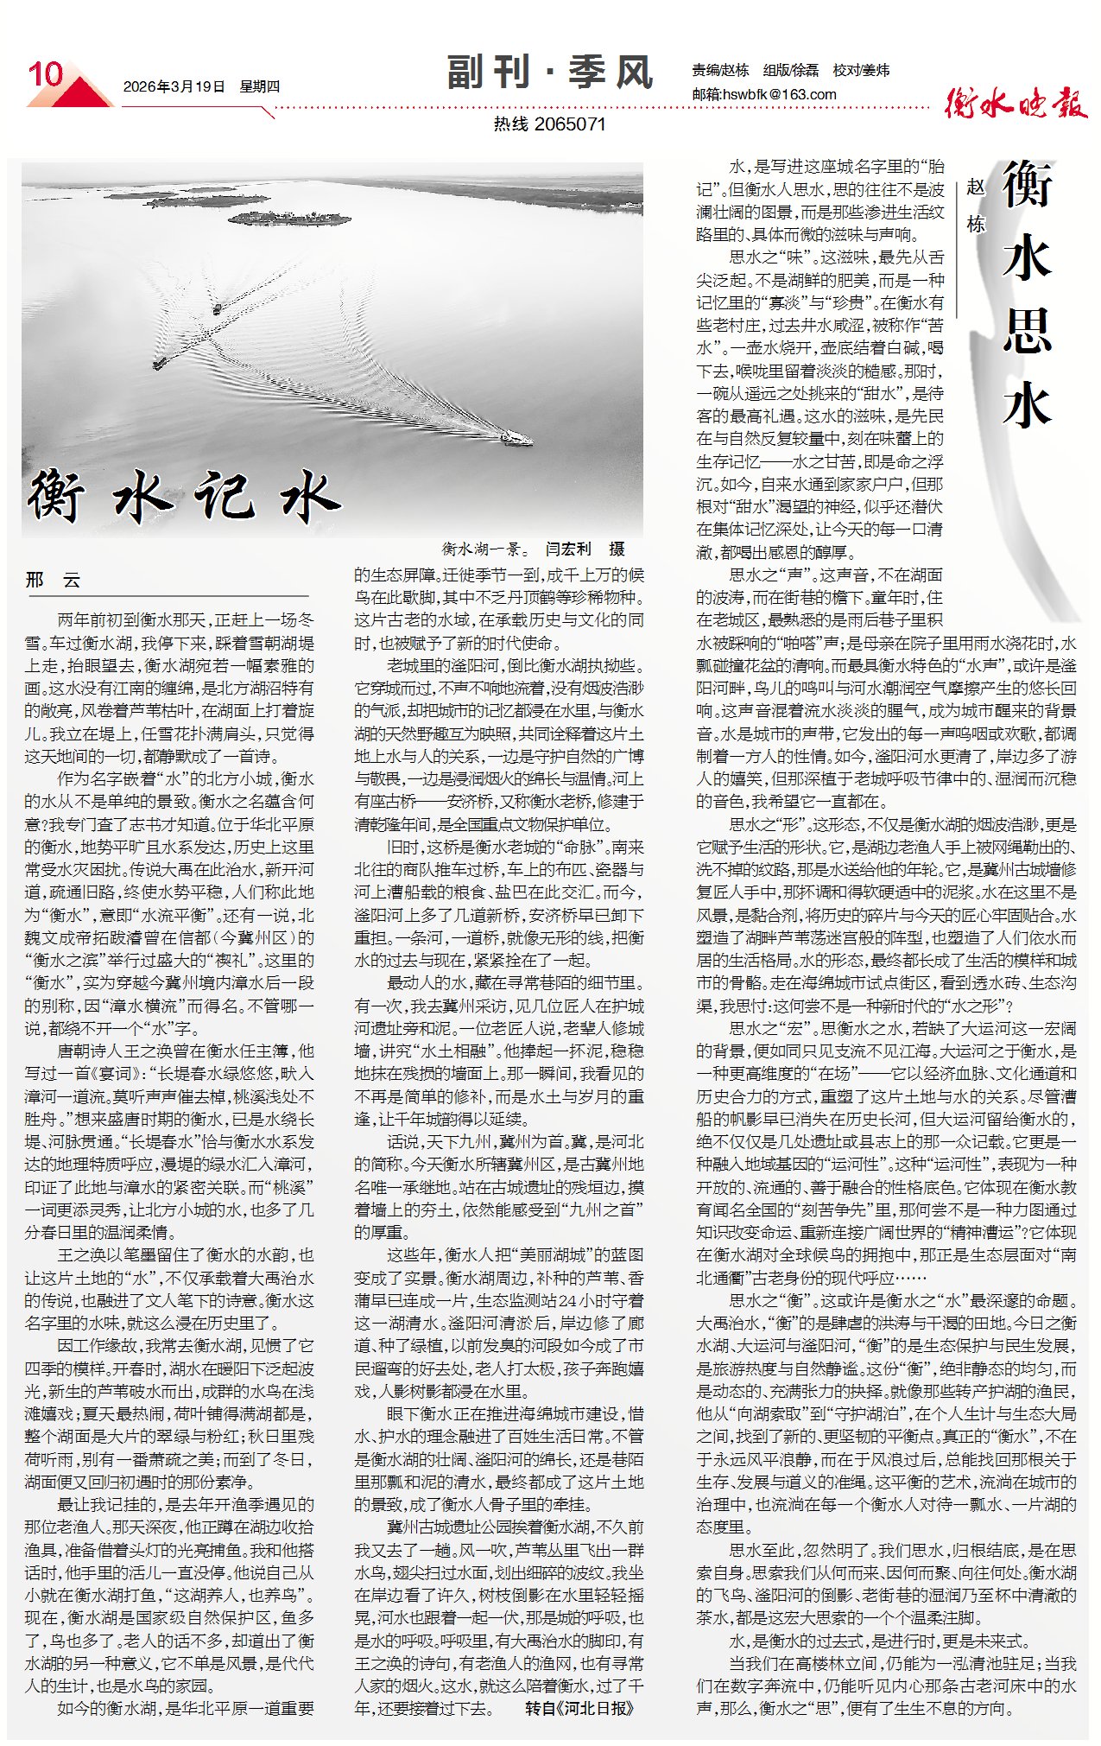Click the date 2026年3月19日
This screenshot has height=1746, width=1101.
174,86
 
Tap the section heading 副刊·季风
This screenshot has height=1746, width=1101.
549,72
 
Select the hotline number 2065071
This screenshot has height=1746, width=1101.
570,124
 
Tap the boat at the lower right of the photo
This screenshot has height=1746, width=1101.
516,439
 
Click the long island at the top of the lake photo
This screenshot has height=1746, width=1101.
289,218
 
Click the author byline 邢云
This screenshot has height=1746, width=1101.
53,581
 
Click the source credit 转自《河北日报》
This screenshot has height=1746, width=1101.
579,1708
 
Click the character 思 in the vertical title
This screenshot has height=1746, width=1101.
1027,330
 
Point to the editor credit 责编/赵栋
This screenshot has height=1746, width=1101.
720,70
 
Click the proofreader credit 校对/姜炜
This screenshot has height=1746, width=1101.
861,70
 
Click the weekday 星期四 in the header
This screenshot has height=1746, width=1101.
260,86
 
